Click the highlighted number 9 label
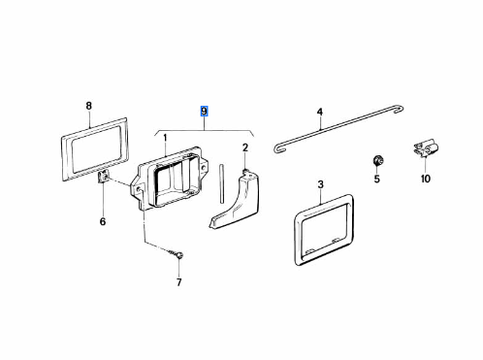[x=204, y=112]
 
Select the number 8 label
[x=88, y=106]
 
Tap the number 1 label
[x=165, y=139]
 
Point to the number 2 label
[x=245, y=147]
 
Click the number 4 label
[x=319, y=113]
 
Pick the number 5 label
[x=376, y=179]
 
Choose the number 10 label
[x=426, y=179]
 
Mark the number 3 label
[x=320, y=184]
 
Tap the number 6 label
[x=103, y=221]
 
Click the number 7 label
[x=179, y=282]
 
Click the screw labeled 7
[x=177, y=254]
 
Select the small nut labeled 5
[x=377, y=160]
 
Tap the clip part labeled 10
[x=425, y=148]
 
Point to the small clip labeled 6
[x=103, y=178]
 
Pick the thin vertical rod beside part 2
[x=221, y=183]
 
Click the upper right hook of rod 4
[x=399, y=109]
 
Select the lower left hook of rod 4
[x=278, y=148]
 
